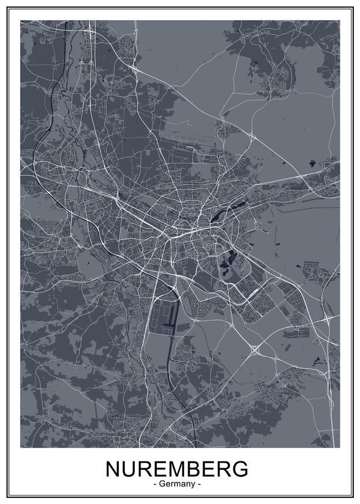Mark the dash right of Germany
coord(198,483)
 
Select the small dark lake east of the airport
coord(311,164)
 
